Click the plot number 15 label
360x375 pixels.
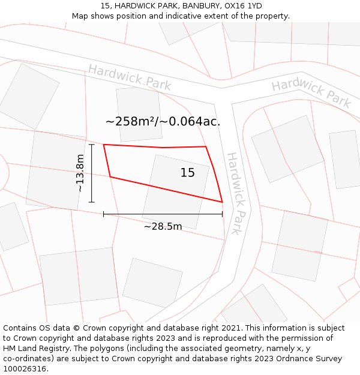(188, 173)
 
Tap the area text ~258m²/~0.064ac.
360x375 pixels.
(163, 121)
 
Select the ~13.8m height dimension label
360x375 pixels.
(80, 173)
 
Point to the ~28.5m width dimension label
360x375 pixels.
(163, 226)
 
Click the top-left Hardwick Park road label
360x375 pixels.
(130, 77)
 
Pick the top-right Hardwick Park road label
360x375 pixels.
(311, 92)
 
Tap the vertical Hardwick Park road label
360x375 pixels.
(237, 193)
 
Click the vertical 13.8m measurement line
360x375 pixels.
(92, 173)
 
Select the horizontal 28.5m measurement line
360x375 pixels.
(163, 214)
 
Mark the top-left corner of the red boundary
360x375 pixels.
(104, 145)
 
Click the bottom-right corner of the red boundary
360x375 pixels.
(222, 202)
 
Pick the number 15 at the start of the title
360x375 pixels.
(105, 6)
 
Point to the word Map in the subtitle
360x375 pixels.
(80, 16)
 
